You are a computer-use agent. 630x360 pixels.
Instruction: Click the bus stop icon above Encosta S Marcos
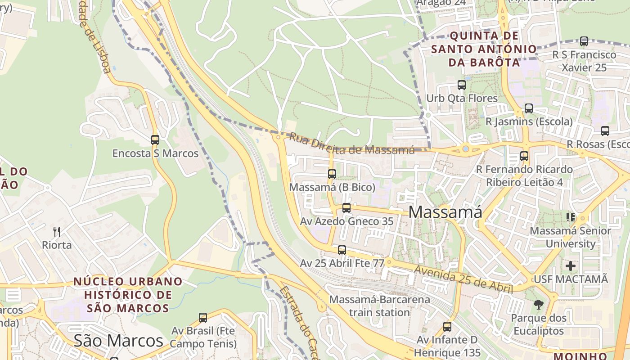tap(155, 139)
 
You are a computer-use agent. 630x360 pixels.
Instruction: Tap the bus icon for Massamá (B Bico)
tap(332, 174)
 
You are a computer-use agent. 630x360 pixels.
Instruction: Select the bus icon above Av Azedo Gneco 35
tap(346, 207)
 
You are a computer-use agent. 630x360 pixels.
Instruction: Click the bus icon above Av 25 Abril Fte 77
tap(342, 250)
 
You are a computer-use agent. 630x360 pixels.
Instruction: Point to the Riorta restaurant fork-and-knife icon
tap(57, 232)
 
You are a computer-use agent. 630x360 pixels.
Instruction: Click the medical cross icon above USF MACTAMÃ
tap(571, 265)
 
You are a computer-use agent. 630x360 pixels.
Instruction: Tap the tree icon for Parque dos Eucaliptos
tap(538, 305)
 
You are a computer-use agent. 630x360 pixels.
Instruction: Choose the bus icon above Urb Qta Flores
tap(462, 85)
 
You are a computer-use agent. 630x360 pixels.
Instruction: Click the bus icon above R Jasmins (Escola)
tap(529, 108)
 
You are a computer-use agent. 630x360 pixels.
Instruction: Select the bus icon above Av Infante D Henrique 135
tap(447, 326)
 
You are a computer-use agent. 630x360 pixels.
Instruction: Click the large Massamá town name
tap(445, 212)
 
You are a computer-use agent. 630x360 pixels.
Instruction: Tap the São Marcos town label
tap(118, 341)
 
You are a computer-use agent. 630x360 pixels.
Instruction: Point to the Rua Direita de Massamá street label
tap(351, 144)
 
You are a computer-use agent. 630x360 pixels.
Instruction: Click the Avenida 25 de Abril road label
tap(463, 279)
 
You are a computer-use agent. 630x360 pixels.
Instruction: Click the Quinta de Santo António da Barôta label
tap(484, 49)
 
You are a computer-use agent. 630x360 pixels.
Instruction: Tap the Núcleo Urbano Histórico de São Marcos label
tap(128, 295)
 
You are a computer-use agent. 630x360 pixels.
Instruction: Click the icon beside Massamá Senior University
tap(571, 217)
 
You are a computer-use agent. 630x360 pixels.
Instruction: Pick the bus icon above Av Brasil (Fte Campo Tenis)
tap(203, 317)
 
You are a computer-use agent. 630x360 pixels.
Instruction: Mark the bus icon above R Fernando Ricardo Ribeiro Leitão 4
tap(524, 156)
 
